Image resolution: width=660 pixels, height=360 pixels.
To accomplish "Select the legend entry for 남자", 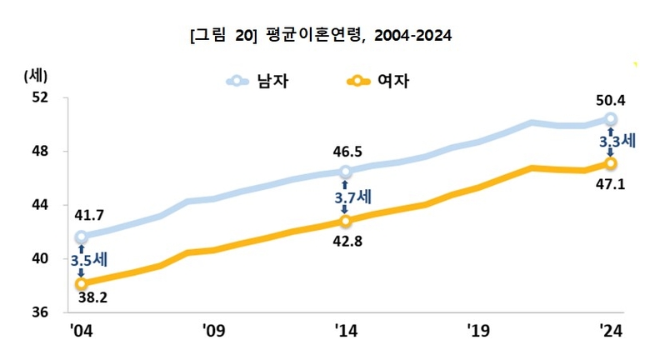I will (263, 81).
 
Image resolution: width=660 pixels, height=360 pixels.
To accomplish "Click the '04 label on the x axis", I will (81, 331).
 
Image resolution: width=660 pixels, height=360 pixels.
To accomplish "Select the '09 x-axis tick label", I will (213, 331).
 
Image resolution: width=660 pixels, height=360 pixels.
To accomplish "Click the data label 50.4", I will (611, 101).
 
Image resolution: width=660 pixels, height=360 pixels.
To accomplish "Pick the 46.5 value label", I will (347, 152).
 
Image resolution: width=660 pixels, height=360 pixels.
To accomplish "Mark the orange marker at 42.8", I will (346, 221).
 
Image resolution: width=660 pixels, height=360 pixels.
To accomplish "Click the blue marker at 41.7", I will (81, 237).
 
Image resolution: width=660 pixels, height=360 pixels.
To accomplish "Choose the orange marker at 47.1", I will (611, 163).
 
